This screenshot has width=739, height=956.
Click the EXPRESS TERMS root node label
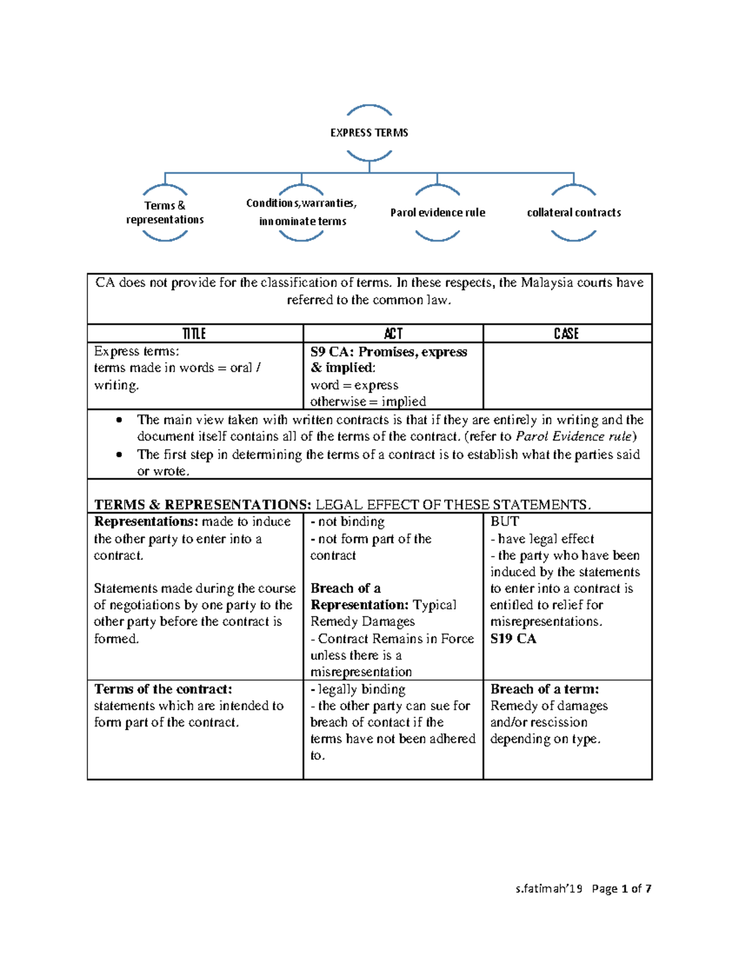pos(369,133)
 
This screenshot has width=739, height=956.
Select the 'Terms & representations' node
pos(164,212)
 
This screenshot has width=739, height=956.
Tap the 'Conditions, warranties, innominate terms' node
pos(302,212)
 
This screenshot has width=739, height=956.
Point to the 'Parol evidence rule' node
pos(437,213)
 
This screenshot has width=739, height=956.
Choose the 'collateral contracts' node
pos(573,213)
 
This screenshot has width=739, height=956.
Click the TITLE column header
pos(194,334)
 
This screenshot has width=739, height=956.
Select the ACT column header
pos(393,334)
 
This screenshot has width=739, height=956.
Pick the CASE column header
pos(566,334)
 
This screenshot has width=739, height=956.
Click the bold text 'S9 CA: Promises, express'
pos(389,352)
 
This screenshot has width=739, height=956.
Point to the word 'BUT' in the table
pos(504,521)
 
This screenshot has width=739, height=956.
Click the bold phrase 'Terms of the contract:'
pos(163,689)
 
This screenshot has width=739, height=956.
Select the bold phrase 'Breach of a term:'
pos(544,689)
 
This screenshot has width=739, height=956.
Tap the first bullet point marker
pos(119,420)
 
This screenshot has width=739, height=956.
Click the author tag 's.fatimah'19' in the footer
pos(549,889)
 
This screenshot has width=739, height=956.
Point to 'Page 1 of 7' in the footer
pos(621,889)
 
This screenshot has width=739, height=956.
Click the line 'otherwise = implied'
pos(368,402)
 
